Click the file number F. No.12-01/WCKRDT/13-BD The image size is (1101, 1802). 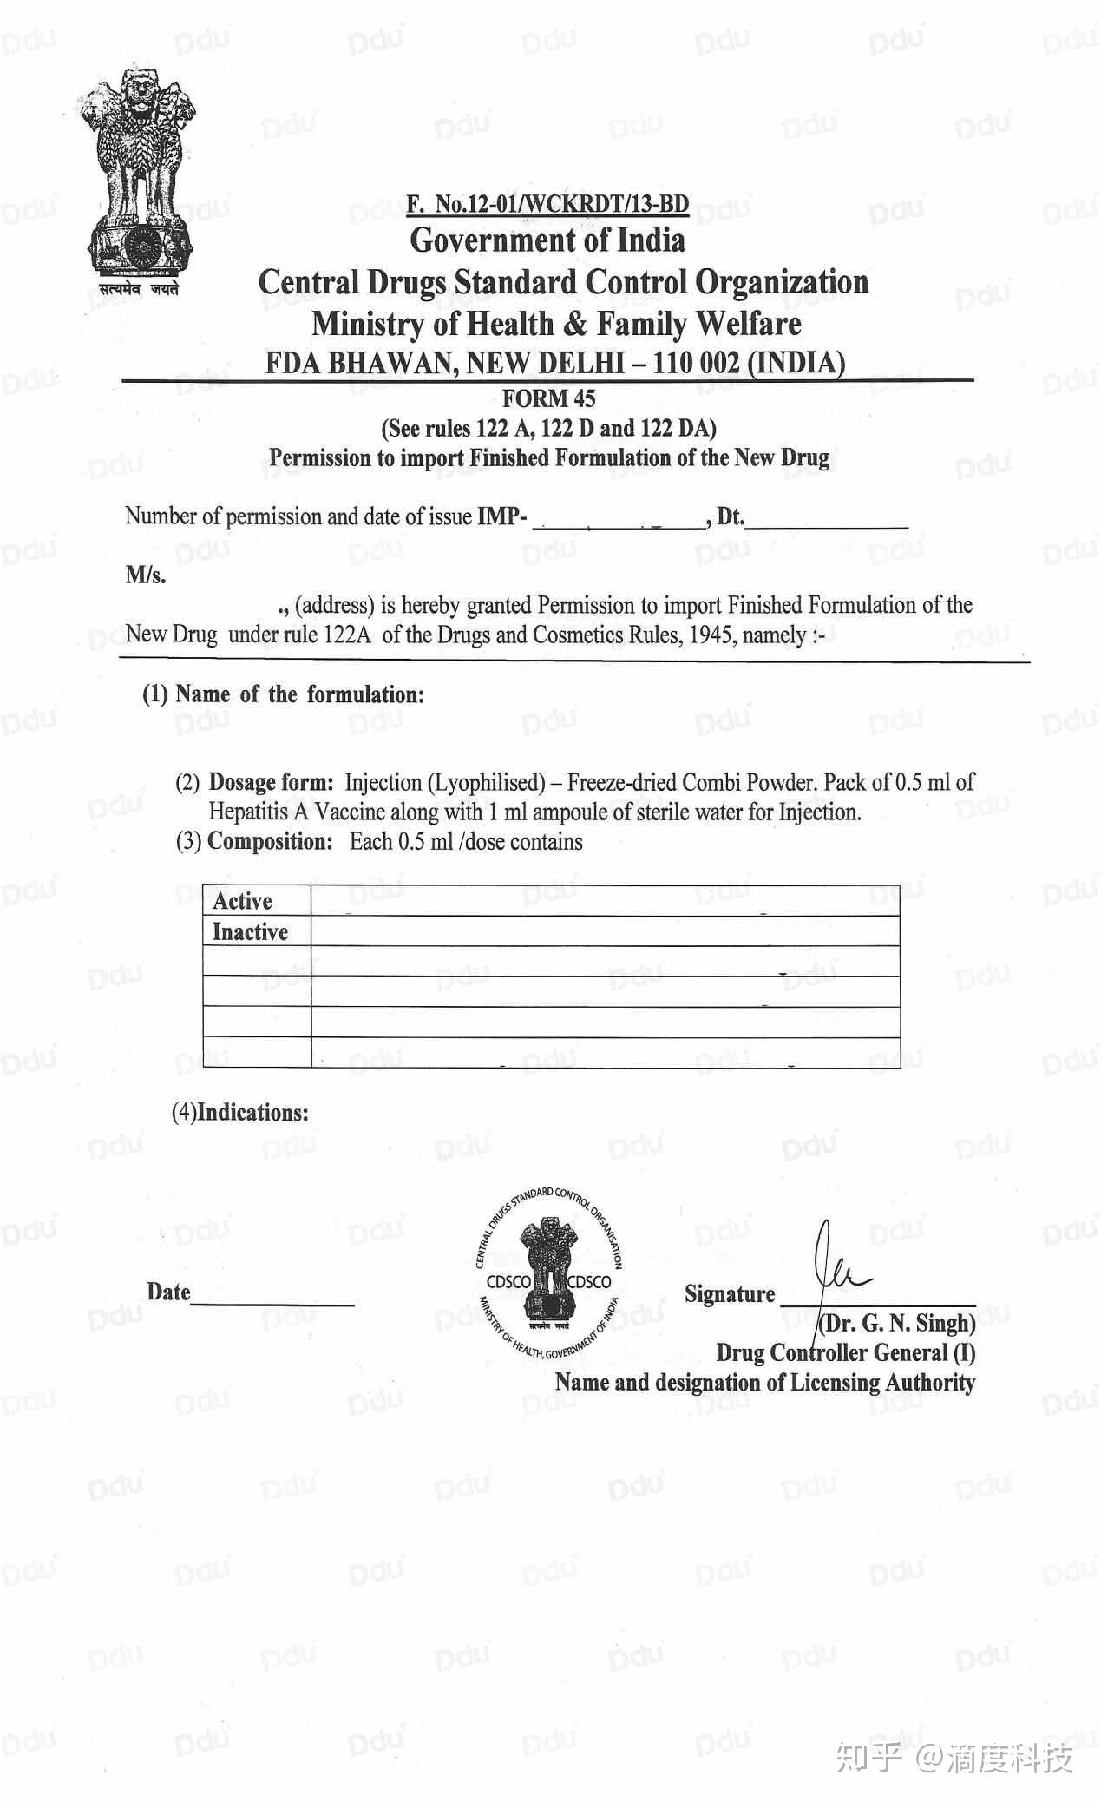547,204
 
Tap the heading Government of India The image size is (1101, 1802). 547,240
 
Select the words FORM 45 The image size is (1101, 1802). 549,398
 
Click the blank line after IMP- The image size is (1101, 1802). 620,521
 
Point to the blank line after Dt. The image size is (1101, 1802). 827,521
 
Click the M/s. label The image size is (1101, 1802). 146,575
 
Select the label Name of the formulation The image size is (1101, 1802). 299,694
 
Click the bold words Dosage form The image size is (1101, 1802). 271,783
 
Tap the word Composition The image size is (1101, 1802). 270,842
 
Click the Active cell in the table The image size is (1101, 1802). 243,901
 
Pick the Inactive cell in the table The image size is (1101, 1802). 250,932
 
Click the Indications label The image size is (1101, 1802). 252,1113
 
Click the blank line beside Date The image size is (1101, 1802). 272,1299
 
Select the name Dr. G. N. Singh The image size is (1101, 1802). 897,1324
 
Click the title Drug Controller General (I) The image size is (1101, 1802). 845,1353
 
